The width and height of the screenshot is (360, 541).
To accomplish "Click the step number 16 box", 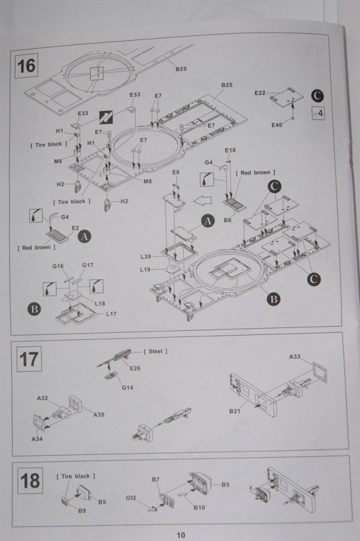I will click(26, 65).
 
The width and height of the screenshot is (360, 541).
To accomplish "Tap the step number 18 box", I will click(30, 481).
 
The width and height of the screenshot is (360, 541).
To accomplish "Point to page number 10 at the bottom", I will click(180, 535).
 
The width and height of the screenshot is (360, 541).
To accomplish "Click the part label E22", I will click(260, 92).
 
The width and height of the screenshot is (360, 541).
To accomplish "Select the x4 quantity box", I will click(317, 113).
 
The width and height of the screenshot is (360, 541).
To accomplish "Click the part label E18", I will click(230, 151).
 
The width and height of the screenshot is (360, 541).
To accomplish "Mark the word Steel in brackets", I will click(156, 351).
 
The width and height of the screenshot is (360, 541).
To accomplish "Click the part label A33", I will click(295, 356).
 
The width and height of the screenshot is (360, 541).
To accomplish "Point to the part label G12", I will click(131, 498).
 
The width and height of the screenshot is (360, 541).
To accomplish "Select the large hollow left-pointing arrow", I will click(203, 198).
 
